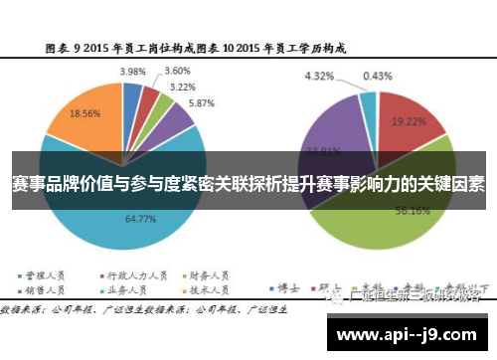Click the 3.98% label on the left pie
point(132,72)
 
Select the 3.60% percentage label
point(177,71)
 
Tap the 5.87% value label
point(202,103)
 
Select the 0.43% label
point(377,76)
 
